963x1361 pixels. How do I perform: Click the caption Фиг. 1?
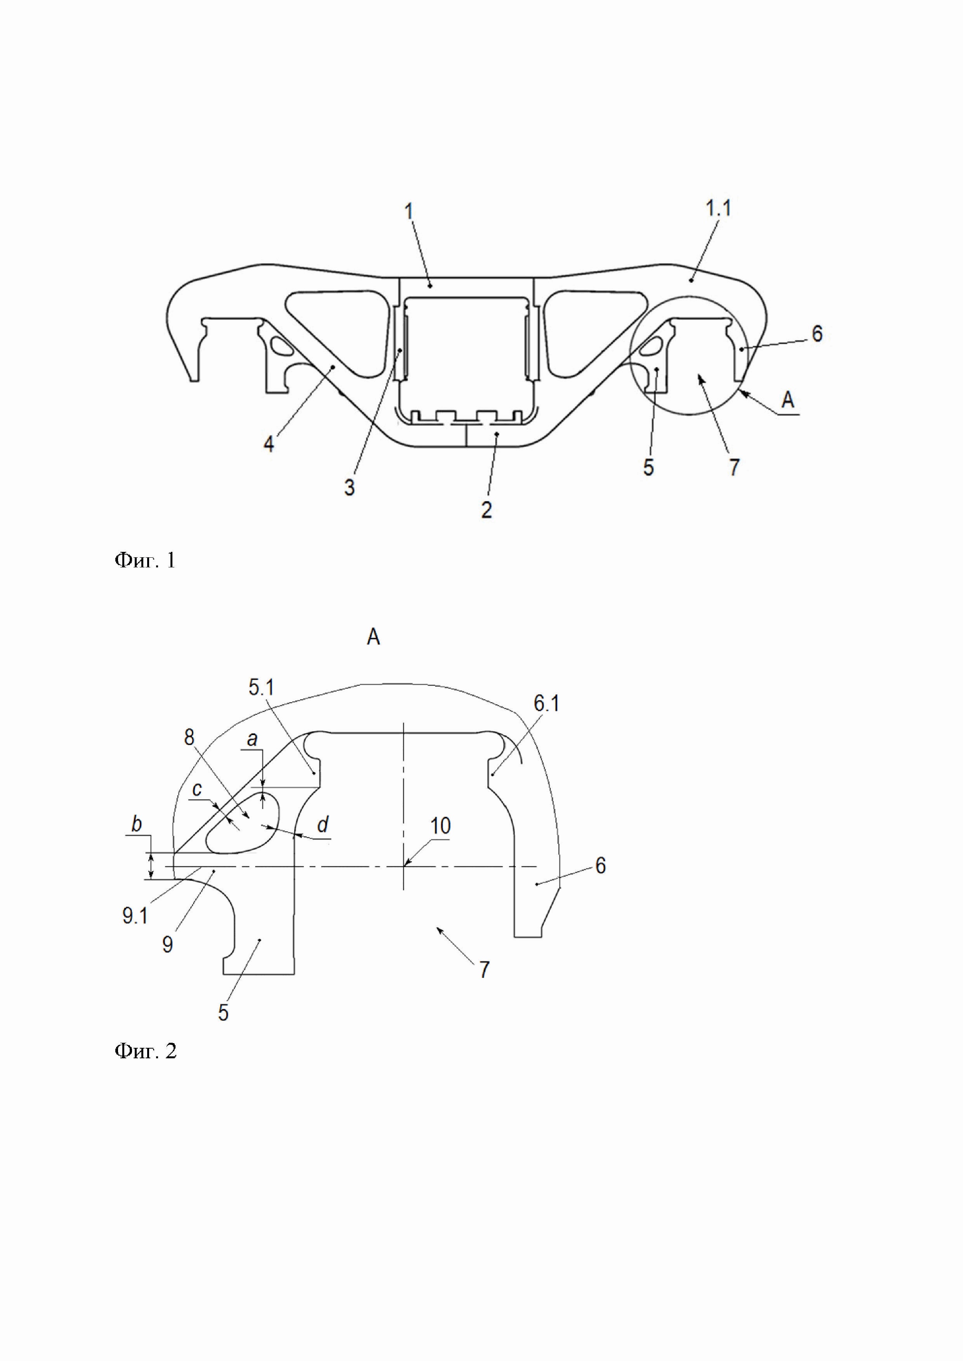(x=145, y=560)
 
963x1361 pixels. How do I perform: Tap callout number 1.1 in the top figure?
(x=718, y=209)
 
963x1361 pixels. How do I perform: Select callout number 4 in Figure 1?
(x=269, y=444)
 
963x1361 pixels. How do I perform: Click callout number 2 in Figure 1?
(x=486, y=509)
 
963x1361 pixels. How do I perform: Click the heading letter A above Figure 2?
(x=373, y=637)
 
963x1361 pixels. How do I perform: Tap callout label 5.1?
(x=261, y=688)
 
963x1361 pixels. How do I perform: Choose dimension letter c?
(x=198, y=789)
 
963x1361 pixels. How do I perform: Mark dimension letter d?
(x=323, y=825)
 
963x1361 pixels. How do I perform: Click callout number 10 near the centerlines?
(x=440, y=826)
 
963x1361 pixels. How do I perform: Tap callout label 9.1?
(x=135, y=916)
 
